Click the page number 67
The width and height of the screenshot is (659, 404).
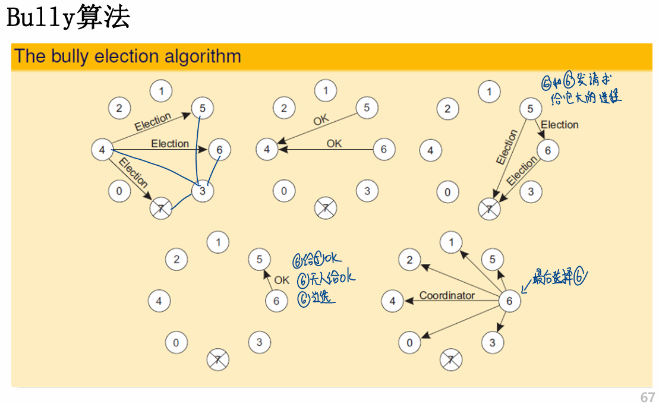(647, 397)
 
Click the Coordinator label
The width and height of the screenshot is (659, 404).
(447, 295)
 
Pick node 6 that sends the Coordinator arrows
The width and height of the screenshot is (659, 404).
(509, 301)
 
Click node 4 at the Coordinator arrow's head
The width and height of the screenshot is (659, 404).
(392, 301)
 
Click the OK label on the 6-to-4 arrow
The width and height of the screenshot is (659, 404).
(335, 143)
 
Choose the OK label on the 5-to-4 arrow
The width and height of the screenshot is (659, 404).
(321, 121)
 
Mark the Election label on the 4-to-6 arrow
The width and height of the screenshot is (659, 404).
(170, 143)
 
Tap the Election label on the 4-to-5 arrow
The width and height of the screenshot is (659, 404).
(153, 122)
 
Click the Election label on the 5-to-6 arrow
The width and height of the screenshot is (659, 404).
(560, 124)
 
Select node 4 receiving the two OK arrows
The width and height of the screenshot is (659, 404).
(267, 149)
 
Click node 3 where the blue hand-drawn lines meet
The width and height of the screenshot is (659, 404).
(203, 191)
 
